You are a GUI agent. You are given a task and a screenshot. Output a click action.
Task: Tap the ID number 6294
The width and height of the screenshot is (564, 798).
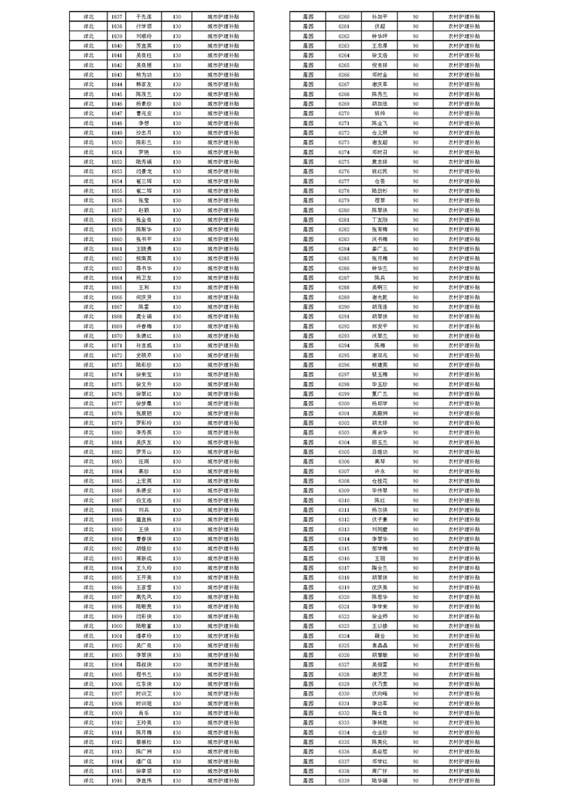point(344,345)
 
